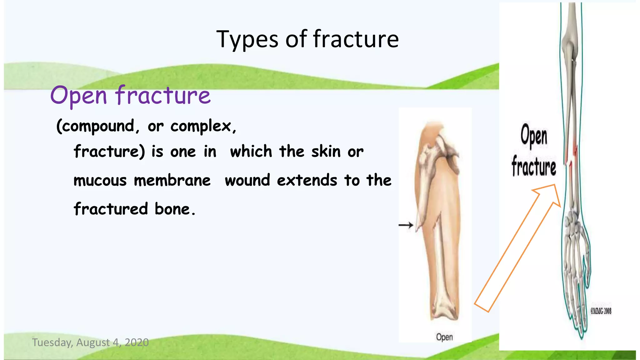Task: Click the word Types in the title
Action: [247, 39]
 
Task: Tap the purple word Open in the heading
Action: [79, 96]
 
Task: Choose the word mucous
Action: [100, 181]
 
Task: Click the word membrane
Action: [172, 181]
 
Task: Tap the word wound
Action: [247, 181]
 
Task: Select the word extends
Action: [307, 181]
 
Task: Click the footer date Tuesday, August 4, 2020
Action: [90, 342]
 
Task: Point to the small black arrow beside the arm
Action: [406, 225]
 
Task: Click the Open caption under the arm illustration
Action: [444, 337]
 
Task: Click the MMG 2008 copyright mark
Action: [601, 311]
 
